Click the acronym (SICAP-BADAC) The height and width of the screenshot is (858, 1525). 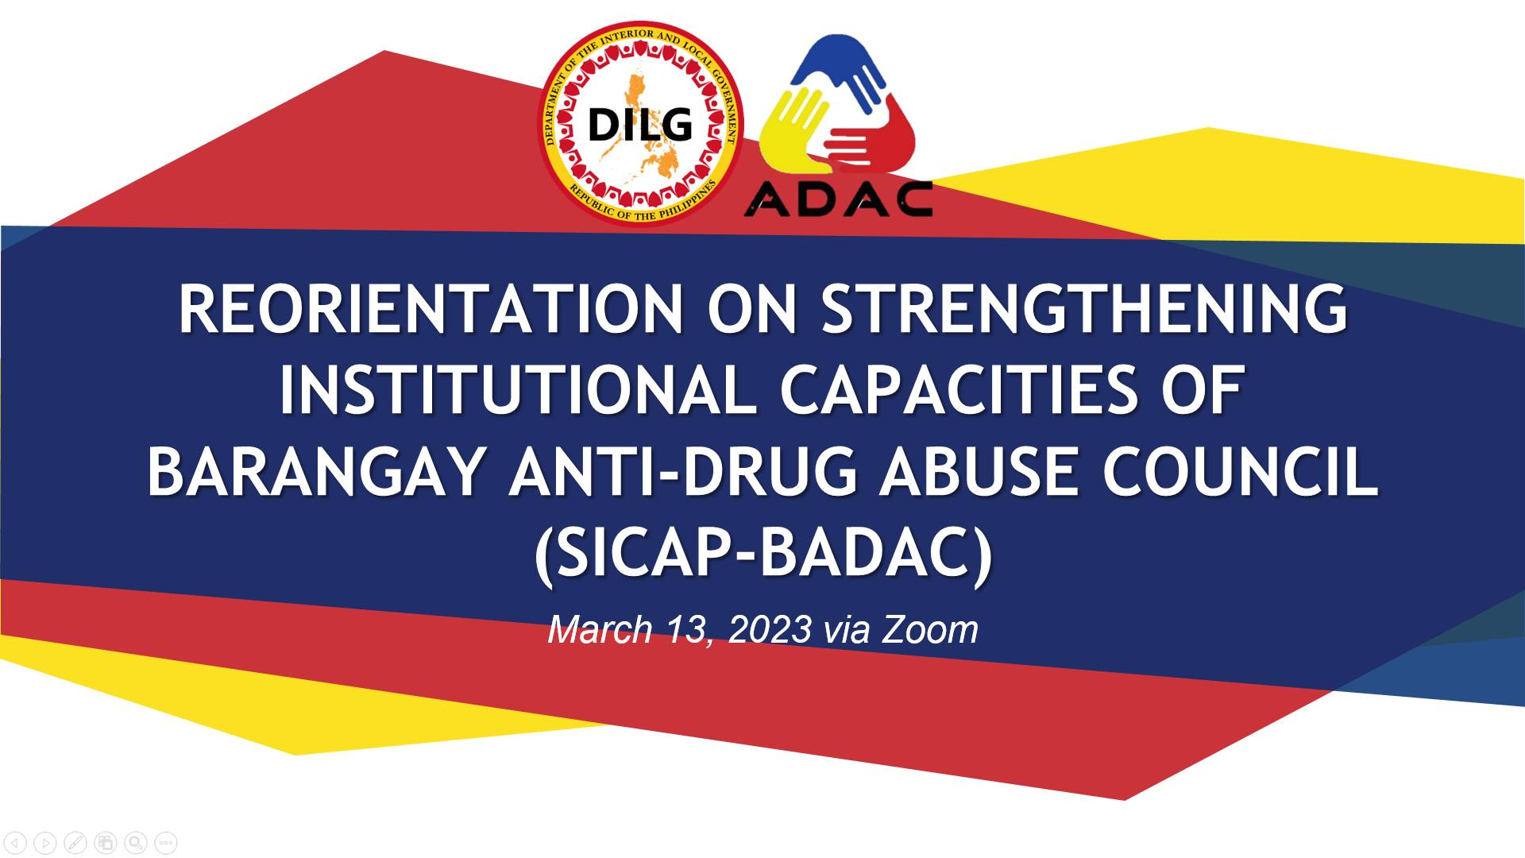pyautogui.click(x=763, y=556)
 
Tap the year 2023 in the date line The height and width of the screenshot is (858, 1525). pyautogui.click(x=770, y=630)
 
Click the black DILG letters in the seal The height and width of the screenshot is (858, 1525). pyautogui.click(x=640, y=125)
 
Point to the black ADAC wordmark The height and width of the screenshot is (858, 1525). pyautogui.click(x=838, y=200)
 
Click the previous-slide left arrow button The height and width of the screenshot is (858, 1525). pyautogui.click(x=15, y=842)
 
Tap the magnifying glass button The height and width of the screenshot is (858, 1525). pyautogui.click(x=136, y=842)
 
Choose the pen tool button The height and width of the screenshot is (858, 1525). pyautogui.click(x=75, y=842)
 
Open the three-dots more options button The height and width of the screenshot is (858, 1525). pyautogui.click(x=166, y=842)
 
